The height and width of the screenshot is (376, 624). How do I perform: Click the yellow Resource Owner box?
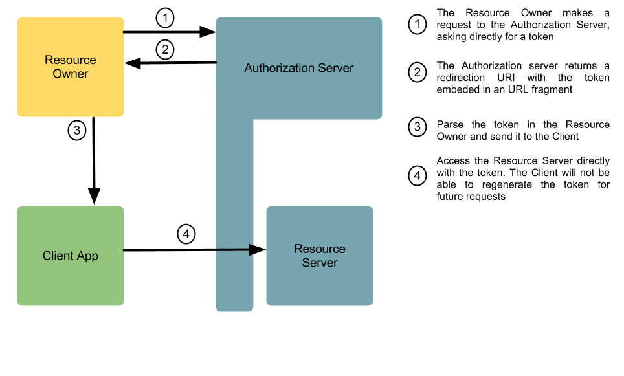71,67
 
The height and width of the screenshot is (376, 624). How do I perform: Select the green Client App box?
71,256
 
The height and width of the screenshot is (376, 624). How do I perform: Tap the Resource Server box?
320,256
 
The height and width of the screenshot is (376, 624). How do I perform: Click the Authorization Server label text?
299,68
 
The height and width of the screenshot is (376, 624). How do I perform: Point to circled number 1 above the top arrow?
165,18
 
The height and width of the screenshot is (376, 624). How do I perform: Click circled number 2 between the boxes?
165,50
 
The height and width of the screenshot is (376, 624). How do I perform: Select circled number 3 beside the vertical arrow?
77,130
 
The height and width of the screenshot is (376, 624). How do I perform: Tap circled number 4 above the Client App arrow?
186,234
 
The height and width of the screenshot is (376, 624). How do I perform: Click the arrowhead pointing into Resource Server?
257,250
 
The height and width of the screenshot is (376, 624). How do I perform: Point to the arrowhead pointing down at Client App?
94,195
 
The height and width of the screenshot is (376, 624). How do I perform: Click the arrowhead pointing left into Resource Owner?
133,63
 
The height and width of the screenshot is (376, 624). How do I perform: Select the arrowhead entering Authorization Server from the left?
207,32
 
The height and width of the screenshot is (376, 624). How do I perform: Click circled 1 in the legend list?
418,25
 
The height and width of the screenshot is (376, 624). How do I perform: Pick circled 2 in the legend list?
418,72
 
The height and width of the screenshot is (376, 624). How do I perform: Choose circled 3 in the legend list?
418,127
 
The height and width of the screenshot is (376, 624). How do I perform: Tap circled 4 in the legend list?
418,175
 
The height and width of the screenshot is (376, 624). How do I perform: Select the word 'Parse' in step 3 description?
450,124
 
